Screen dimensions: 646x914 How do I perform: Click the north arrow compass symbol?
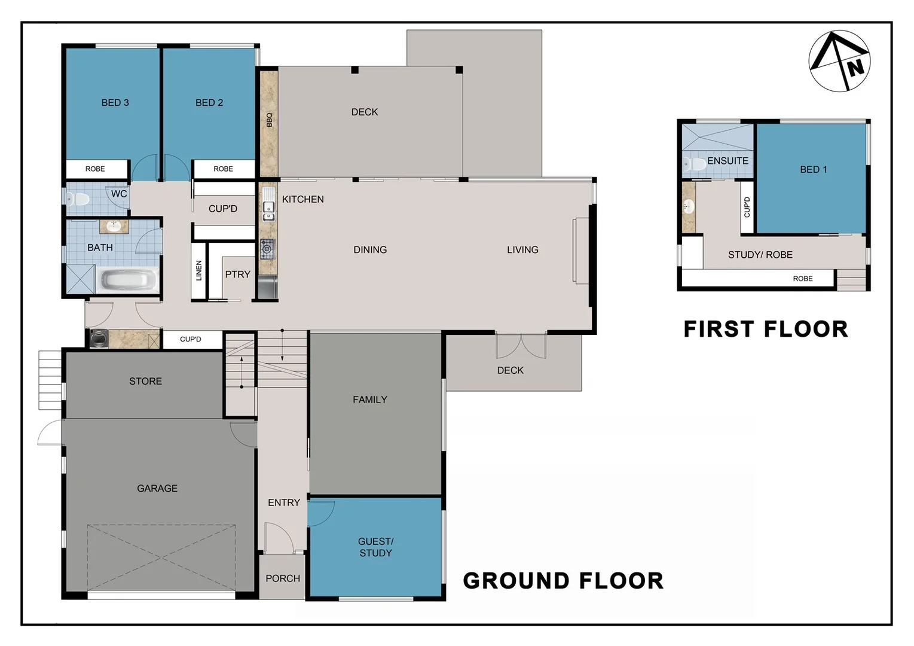pyautogui.click(x=839, y=61)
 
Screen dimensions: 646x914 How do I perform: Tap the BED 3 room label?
pyautogui.click(x=115, y=103)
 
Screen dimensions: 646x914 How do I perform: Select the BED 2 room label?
pyautogui.click(x=209, y=103)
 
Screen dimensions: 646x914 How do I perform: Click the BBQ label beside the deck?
pyautogui.click(x=269, y=120)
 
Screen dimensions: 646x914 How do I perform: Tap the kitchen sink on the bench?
pyautogui.click(x=268, y=212)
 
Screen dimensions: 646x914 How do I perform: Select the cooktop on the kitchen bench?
pyautogui.click(x=267, y=248)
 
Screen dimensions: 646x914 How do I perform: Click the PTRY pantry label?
pyautogui.click(x=237, y=275)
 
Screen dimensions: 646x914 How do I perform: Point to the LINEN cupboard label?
pyautogui.click(x=199, y=270)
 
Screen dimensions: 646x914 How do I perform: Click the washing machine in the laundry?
pyautogui.click(x=99, y=339)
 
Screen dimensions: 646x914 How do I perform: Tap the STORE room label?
pyautogui.click(x=145, y=381)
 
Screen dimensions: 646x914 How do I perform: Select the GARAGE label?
pyautogui.click(x=157, y=489)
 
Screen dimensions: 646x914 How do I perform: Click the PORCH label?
pyautogui.click(x=283, y=578)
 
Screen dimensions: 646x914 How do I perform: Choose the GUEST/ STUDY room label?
pyautogui.click(x=375, y=547)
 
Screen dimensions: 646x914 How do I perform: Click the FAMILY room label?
pyautogui.click(x=369, y=400)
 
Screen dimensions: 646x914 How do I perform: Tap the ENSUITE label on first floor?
pyautogui.click(x=727, y=161)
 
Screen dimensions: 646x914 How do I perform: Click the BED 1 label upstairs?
pyautogui.click(x=813, y=170)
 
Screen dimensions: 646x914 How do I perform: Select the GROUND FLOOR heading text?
pyautogui.click(x=563, y=581)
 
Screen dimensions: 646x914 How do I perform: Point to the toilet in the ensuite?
pyautogui.click(x=695, y=164)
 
